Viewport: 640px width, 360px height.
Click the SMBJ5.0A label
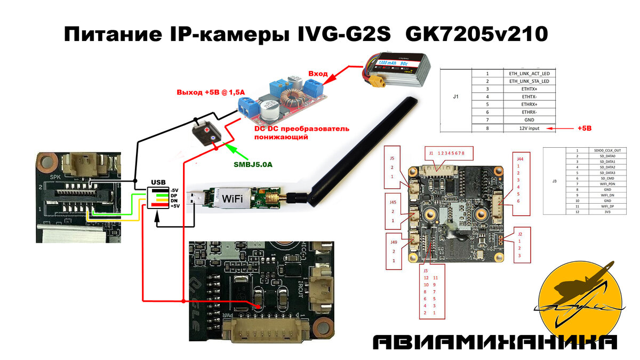tap(252, 164)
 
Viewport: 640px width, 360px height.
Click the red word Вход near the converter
tap(318, 73)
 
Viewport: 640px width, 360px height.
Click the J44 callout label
tap(520, 158)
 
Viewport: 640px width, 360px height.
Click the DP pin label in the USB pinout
tap(173, 195)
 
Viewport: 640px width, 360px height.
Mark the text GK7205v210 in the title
tap(476, 35)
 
